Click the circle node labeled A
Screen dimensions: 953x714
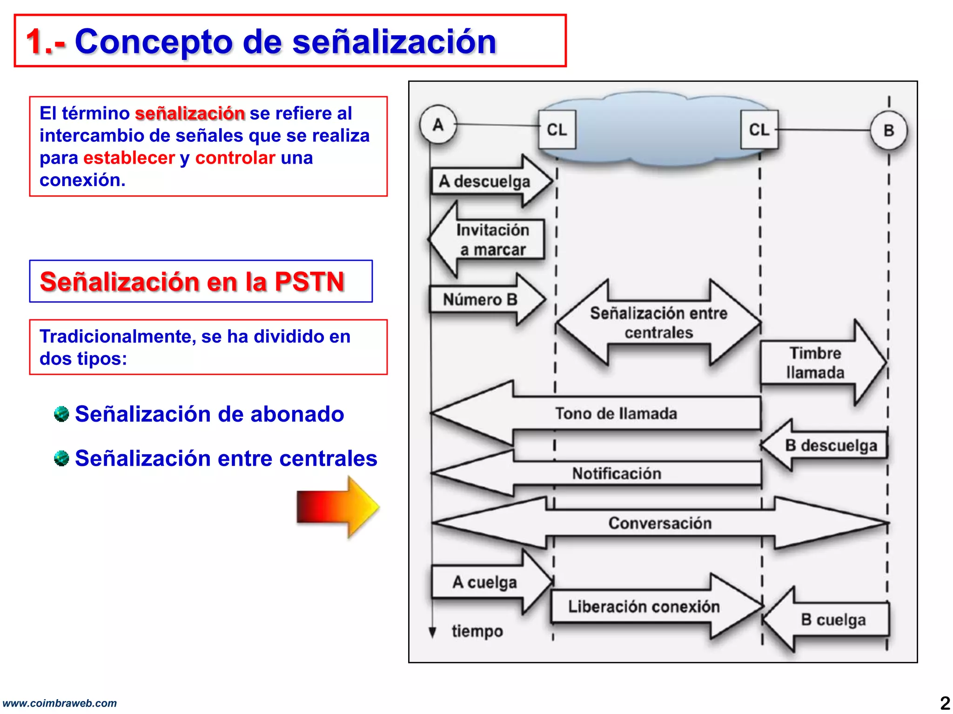(438, 125)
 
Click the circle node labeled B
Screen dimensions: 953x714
(888, 131)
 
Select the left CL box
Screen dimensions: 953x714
(557, 130)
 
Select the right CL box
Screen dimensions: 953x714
(759, 130)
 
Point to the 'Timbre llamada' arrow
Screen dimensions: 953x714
(819, 363)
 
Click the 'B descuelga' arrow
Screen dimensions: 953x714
(828, 445)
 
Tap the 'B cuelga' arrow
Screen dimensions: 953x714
(831, 620)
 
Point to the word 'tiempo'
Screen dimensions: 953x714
(477, 631)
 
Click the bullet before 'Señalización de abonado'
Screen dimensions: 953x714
(61, 413)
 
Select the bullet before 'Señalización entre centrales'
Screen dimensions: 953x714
(61, 458)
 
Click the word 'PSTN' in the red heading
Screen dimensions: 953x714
(309, 282)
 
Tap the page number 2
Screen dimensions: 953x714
(945, 702)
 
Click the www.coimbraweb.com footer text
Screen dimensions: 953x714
(60, 703)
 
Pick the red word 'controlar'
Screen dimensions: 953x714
(235, 158)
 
